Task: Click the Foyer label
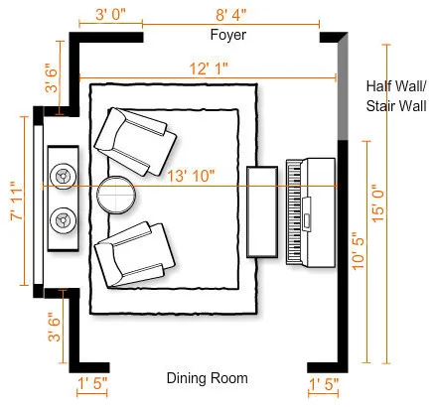[228, 35]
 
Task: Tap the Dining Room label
[208, 378]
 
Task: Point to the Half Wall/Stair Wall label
[396, 96]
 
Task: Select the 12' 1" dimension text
[209, 68]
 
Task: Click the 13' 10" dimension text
[191, 176]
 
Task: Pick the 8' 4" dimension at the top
[231, 15]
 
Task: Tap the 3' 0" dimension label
[110, 15]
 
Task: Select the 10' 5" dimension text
[359, 251]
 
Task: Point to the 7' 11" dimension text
[17, 201]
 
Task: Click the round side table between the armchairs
[116, 195]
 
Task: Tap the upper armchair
[135, 141]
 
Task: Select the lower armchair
[134, 254]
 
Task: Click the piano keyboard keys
[294, 211]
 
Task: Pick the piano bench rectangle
[262, 211]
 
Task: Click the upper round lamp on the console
[63, 177]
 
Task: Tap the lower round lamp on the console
[63, 220]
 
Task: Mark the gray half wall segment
[343, 87]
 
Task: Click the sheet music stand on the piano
[307, 213]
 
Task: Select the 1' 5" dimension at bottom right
[324, 384]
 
